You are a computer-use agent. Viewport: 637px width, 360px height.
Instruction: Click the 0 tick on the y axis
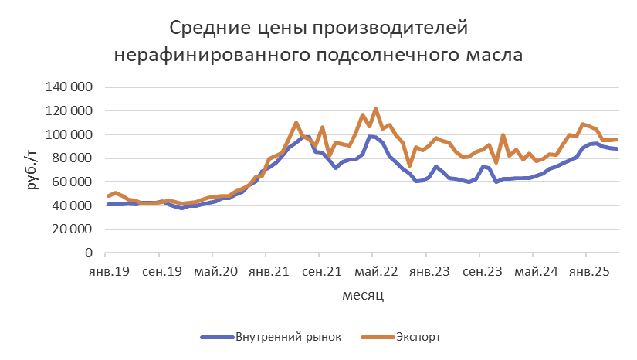[x=87, y=253]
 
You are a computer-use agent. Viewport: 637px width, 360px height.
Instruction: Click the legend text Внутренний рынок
[x=287, y=336]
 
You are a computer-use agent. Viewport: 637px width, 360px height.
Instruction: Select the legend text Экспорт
[x=418, y=336]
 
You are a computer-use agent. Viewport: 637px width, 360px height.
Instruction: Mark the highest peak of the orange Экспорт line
[x=375, y=109]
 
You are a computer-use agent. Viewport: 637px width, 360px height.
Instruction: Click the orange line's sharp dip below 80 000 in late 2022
[x=409, y=165]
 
